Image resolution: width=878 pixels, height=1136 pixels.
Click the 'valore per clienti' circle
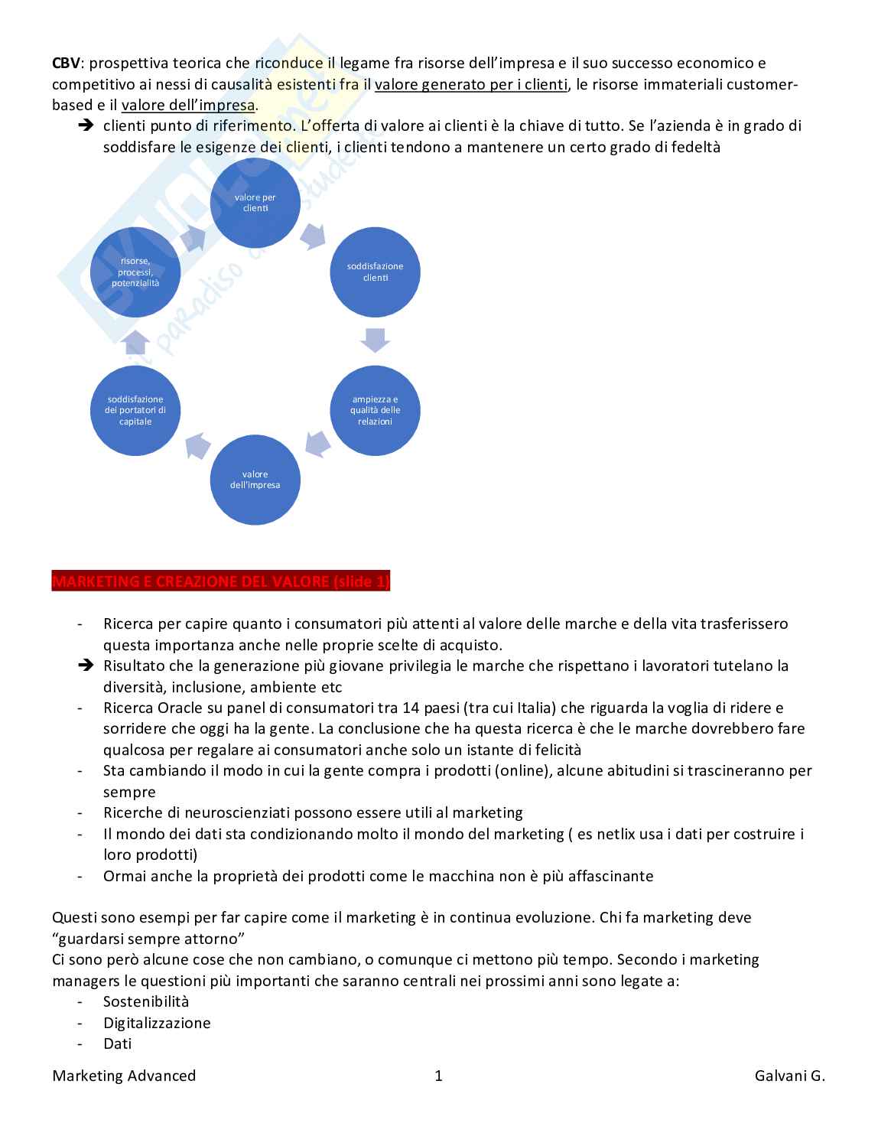(x=255, y=203)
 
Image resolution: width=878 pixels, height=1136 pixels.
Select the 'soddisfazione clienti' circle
(x=375, y=272)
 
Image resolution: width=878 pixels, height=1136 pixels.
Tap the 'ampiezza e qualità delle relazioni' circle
(x=375, y=410)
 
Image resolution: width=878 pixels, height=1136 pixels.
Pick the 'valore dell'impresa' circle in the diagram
(x=255, y=480)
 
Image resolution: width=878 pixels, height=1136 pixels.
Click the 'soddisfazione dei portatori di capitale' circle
(x=135, y=410)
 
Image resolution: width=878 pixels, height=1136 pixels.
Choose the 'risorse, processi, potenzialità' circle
(x=135, y=272)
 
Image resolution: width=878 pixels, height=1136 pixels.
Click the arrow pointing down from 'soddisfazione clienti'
(x=375, y=340)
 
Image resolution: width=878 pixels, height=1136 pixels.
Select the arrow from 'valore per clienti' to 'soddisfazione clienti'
(x=313, y=236)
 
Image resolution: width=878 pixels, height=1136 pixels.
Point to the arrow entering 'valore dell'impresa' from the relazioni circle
(x=317, y=441)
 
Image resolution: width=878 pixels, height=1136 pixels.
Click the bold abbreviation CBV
(x=66, y=63)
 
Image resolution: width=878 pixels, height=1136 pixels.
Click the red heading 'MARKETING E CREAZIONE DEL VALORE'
(x=221, y=582)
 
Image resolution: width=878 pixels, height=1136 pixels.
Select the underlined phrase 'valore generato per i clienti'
(x=471, y=84)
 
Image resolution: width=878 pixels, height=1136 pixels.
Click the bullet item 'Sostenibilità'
(x=146, y=1001)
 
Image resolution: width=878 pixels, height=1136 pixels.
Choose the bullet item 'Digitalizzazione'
(x=157, y=1023)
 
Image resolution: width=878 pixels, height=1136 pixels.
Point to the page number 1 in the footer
(x=439, y=1076)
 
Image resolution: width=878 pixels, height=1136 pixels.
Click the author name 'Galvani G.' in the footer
(x=790, y=1076)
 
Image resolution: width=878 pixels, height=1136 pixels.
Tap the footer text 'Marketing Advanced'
(x=124, y=1076)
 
